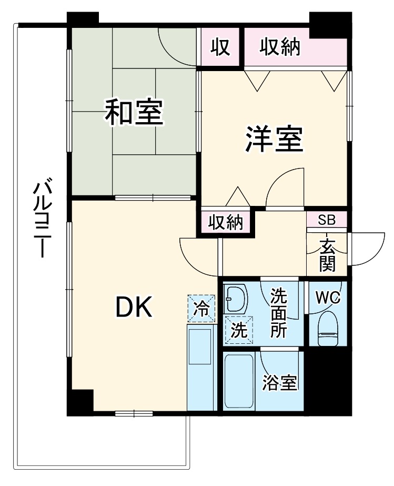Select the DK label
134,307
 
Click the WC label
328,297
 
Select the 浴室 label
280,383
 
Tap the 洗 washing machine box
239,331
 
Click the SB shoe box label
327,219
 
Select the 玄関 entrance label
327,254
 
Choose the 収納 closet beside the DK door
225,223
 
